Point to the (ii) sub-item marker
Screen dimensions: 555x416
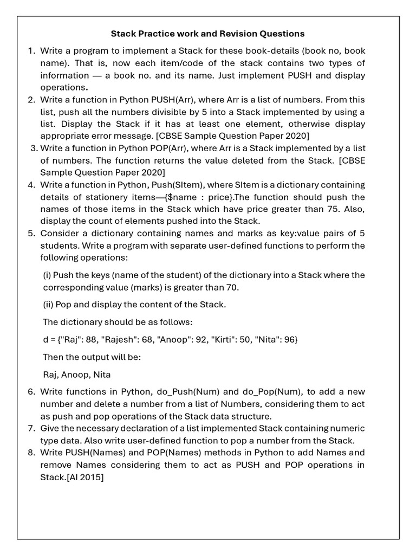click(x=49, y=305)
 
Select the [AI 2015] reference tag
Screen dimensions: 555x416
click(x=84, y=477)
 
